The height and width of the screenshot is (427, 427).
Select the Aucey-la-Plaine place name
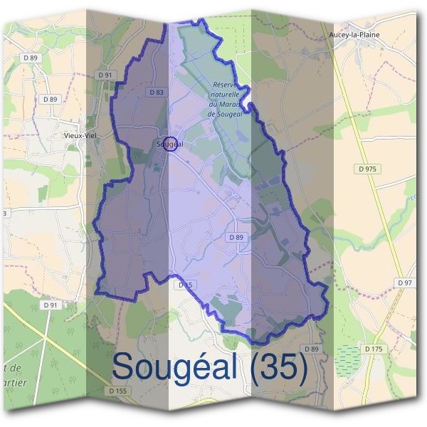pos(355,34)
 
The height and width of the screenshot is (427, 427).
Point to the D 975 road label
pos(368,169)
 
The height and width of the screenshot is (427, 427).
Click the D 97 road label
pos(404,283)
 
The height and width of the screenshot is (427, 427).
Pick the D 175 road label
pos(374,349)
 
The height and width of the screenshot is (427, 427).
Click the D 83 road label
pos(157,93)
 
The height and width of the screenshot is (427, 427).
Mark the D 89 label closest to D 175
pos(312,349)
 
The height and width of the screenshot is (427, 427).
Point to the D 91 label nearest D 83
pos(105,75)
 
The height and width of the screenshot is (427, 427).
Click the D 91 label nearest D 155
pos(49,305)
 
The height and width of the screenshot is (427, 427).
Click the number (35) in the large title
pos(274,368)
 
